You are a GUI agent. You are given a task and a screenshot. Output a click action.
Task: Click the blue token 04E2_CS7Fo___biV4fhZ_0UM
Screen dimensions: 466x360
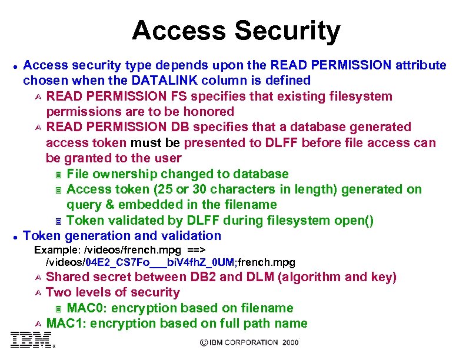(x=159, y=262)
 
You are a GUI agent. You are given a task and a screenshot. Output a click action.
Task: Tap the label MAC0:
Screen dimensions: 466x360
(x=87, y=308)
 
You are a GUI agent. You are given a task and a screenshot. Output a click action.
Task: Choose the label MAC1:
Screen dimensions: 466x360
(x=66, y=323)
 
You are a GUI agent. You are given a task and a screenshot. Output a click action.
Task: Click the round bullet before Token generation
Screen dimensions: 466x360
(x=14, y=236)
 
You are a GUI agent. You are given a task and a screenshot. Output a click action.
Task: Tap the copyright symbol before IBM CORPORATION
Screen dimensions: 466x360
(x=204, y=342)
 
